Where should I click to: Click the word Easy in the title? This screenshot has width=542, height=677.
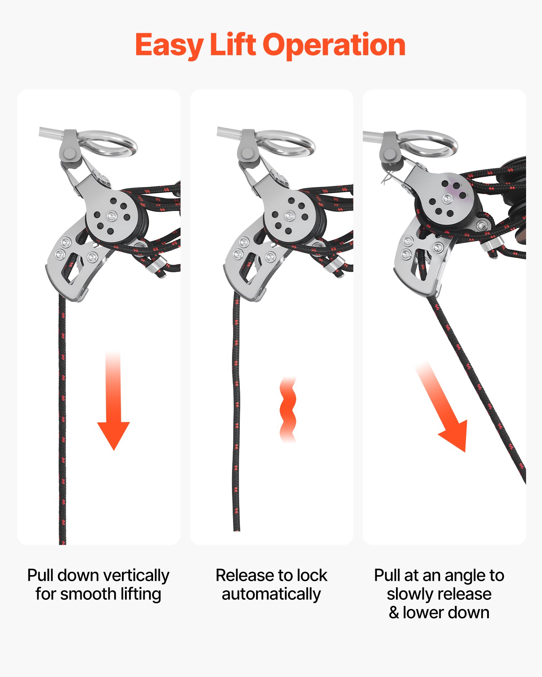point(169,45)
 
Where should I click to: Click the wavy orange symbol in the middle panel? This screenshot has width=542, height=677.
point(288,410)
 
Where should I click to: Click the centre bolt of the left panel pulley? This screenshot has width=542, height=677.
point(111,215)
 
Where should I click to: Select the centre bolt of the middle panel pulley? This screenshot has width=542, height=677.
point(290,215)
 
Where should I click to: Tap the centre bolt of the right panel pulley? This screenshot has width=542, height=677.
point(447,198)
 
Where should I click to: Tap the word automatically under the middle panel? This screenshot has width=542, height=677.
point(271,594)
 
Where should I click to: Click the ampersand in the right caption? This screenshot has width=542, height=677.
point(394,613)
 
